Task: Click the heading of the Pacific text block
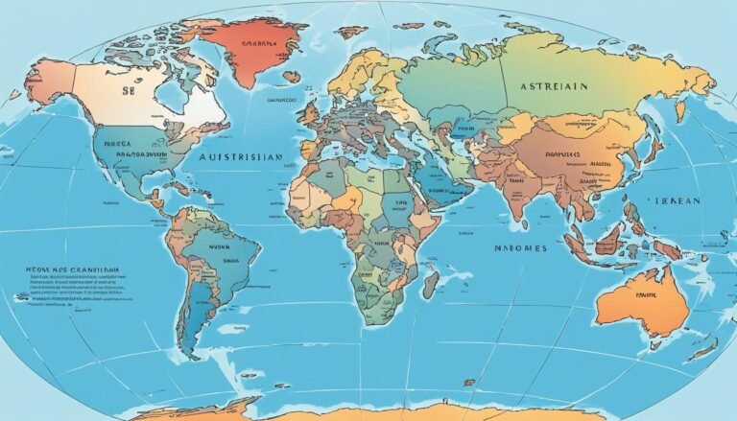65,271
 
